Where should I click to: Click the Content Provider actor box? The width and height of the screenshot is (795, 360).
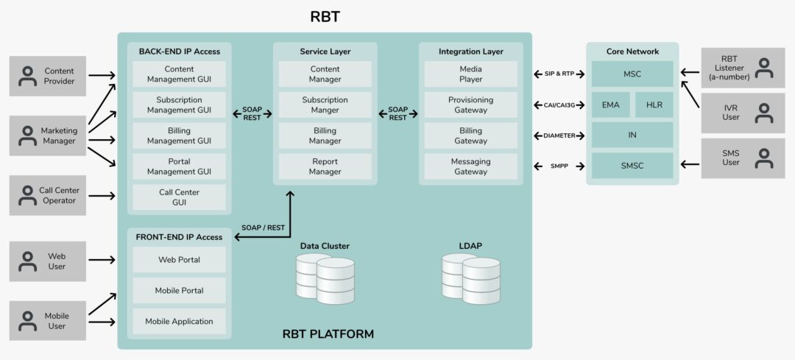48,76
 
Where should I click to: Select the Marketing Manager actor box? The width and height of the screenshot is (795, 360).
48,135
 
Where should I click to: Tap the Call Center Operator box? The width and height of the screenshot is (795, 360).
48,195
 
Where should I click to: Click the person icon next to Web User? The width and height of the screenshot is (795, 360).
28,261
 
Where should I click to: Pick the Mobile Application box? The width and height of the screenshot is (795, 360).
179,321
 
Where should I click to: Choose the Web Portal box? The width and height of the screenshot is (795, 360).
179,260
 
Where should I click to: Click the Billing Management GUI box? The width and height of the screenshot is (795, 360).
179,135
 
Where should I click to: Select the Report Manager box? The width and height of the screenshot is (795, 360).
325,166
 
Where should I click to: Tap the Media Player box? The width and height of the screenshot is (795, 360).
470,74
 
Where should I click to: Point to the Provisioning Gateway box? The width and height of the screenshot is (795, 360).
470,105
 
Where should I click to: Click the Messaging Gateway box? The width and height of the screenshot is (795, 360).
470,166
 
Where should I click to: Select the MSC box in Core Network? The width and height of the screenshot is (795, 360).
632,74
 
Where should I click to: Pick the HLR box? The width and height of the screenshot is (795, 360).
654,105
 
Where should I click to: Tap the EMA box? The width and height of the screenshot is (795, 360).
610,105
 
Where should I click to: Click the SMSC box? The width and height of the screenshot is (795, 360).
632,166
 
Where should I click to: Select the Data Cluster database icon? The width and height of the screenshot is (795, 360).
325,278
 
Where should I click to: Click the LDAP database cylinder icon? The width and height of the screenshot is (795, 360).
470,278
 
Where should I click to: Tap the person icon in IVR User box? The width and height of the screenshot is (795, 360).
765,113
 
